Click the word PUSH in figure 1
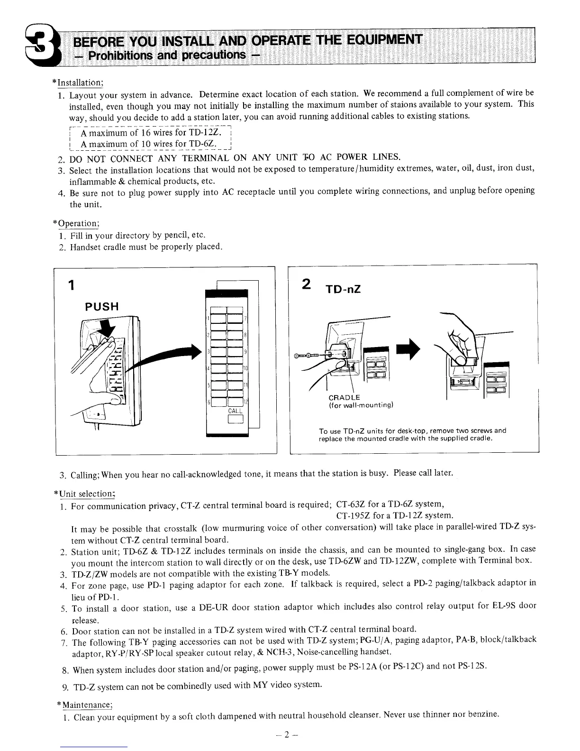(x=101, y=306)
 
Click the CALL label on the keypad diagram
(x=236, y=411)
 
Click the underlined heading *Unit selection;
(x=85, y=494)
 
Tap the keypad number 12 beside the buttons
(x=245, y=403)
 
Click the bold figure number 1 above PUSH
(x=71, y=285)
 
